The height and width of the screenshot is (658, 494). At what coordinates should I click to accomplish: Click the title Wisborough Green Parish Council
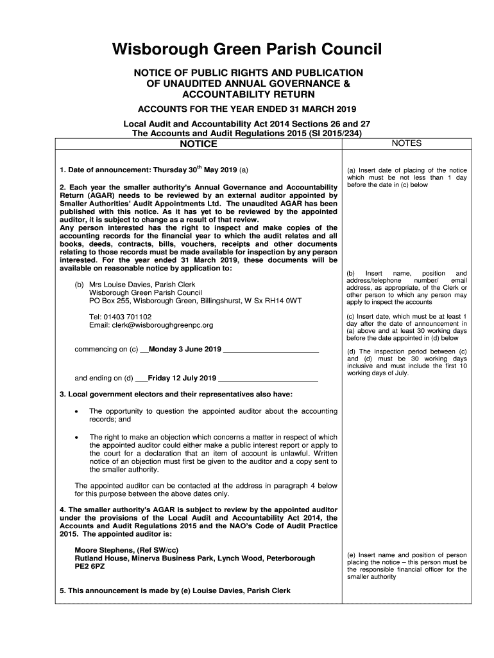[247, 49]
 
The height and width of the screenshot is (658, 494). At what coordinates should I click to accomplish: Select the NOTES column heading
[406, 143]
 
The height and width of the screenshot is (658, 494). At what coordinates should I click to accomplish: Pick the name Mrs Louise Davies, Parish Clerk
[141, 283]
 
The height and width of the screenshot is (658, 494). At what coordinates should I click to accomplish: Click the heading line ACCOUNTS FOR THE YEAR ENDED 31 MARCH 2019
[247, 109]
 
